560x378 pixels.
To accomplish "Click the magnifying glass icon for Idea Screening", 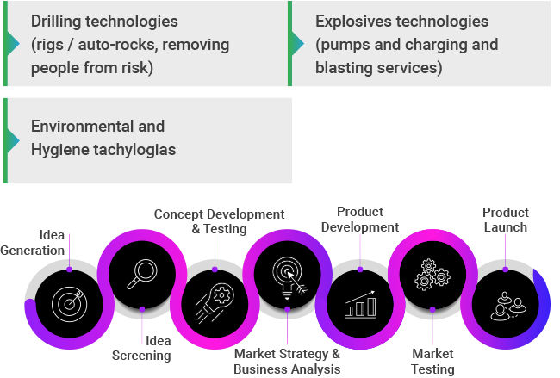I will (141, 273).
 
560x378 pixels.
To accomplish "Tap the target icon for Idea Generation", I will (69, 302).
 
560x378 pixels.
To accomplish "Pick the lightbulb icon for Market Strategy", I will (287, 276).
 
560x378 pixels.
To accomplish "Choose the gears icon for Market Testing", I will (431, 274).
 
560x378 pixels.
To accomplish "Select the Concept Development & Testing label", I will (219, 221).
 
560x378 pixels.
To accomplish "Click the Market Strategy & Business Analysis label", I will (287, 362).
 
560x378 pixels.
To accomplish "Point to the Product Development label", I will (361, 220).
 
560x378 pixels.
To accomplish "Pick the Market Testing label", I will (432, 362).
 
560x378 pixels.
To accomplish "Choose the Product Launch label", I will (506, 220).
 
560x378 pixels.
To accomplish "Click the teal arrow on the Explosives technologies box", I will (297, 43).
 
